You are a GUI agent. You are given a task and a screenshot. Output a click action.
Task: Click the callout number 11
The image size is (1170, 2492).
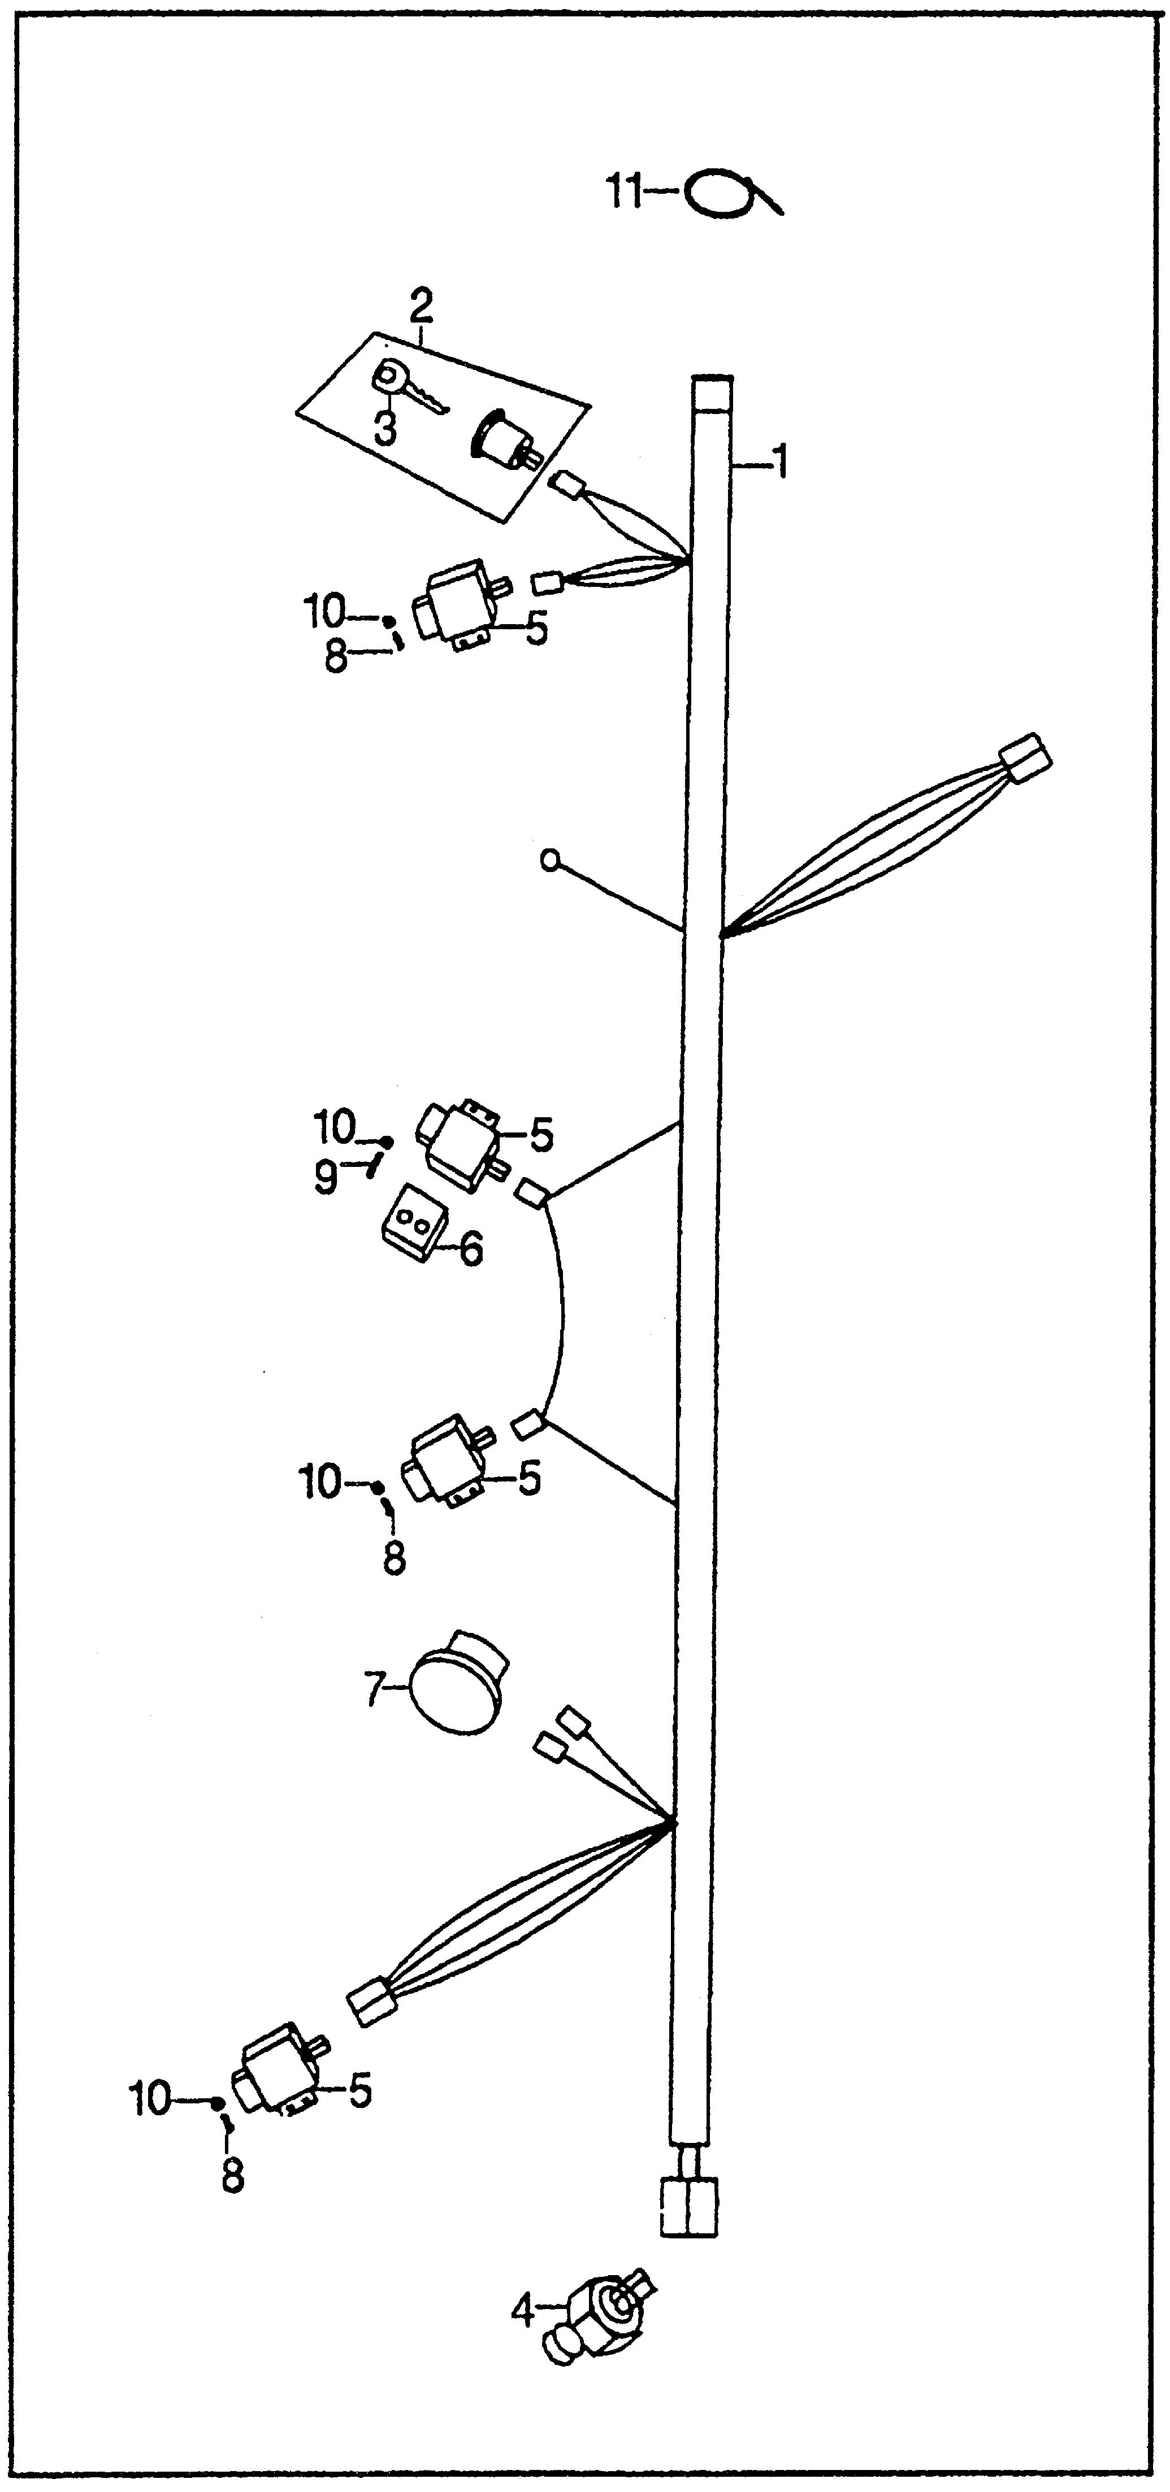click(623, 191)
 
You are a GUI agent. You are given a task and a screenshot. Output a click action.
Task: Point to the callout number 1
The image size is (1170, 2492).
click(778, 463)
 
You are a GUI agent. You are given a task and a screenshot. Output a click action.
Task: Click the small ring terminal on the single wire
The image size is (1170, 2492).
click(551, 859)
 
